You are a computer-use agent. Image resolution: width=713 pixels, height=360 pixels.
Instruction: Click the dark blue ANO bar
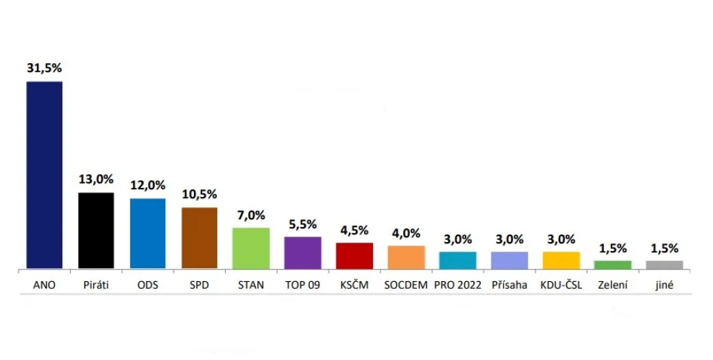(x=44, y=175)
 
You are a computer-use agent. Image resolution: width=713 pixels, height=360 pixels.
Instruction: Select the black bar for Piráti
(x=96, y=230)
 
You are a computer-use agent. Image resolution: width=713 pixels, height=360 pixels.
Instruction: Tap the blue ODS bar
(x=147, y=233)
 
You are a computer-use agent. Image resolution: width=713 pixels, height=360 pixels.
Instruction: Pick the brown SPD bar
(x=200, y=238)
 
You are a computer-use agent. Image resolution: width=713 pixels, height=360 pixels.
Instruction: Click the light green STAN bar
(x=251, y=248)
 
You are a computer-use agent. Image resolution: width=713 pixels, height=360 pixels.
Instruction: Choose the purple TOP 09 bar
(x=303, y=252)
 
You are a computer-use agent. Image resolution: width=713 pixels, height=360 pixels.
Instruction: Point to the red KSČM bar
(x=354, y=256)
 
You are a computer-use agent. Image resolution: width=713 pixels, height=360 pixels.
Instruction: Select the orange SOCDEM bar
(x=407, y=257)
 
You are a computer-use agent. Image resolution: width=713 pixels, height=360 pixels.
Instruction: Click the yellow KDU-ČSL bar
(x=561, y=260)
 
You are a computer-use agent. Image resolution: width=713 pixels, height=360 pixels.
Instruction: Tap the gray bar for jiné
(x=664, y=265)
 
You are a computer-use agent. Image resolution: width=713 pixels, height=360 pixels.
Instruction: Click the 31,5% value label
(x=44, y=69)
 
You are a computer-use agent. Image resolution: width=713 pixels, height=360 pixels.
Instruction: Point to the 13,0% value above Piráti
(x=96, y=180)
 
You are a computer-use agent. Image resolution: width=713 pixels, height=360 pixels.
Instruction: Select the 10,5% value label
(x=200, y=194)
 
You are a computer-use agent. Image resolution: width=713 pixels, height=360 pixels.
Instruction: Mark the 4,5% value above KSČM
(x=354, y=230)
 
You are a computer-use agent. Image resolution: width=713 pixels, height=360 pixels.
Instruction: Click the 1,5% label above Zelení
(x=612, y=248)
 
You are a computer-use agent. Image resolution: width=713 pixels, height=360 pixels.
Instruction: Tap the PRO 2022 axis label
(x=458, y=285)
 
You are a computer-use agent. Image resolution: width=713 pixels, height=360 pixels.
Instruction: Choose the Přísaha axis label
(x=509, y=285)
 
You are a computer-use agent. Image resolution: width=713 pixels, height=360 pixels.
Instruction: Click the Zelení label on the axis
(x=612, y=285)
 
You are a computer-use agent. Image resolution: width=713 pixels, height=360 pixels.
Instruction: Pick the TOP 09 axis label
(x=303, y=285)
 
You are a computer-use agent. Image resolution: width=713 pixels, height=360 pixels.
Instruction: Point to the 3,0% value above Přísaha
(x=509, y=239)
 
